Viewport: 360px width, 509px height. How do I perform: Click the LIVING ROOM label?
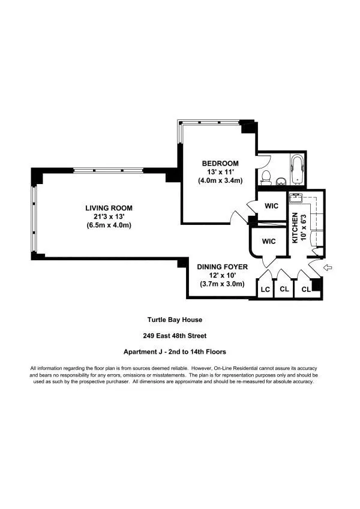coord(109,208)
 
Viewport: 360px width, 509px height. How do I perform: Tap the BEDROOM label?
coord(220,164)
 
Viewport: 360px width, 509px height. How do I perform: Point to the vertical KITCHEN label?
coord(295,228)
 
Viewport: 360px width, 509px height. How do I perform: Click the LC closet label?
coord(265,290)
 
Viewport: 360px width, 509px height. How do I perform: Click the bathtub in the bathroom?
coord(298,168)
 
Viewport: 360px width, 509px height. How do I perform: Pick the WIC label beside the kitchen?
coord(272,206)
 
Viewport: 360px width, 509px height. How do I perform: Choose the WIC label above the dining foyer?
coord(268,242)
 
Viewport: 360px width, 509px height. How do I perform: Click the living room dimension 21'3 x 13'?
coord(109,216)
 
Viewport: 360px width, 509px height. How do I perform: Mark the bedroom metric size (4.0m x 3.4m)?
coord(220,180)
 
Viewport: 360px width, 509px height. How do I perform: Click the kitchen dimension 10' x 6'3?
coord(303,228)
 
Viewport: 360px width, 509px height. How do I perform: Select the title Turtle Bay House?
coord(179,320)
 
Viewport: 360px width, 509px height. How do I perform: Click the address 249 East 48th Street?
coord(179,336)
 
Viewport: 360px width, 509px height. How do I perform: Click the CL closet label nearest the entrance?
coord(306,290)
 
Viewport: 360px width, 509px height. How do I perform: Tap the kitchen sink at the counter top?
coord(295,198)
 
